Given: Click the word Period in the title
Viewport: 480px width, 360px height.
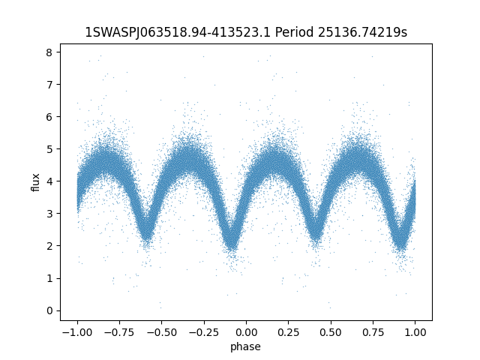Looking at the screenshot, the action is tap(295, 32).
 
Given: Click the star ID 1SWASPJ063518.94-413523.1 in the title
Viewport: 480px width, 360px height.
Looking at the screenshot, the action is tap(178, 32).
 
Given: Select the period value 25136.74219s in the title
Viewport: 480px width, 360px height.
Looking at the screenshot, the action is tap(362, 32).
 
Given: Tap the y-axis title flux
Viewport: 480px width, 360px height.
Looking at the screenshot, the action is tap(36, 182).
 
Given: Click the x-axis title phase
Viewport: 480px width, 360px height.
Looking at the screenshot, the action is tap(245, 347).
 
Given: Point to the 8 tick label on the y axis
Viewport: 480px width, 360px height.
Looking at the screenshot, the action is tap(49, 52).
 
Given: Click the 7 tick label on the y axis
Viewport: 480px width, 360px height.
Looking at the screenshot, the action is tap(49, 85).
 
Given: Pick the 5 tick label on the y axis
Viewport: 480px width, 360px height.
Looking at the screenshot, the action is tap(49, 149).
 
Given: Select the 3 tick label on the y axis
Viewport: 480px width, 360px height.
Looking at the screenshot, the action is tap(49, 214).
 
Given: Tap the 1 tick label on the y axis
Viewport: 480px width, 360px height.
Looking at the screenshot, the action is tap(49, 278).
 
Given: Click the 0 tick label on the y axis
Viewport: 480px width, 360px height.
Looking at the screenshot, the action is tap(49, 310).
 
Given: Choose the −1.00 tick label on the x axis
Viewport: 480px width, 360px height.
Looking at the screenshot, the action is tap(77, 332).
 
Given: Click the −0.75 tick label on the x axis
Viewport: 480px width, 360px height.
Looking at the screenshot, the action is tap(119, 332).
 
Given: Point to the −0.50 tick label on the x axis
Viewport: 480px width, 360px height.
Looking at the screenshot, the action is tap(162, 332).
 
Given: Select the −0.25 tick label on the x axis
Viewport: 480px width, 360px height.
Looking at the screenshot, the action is tap(204, 332).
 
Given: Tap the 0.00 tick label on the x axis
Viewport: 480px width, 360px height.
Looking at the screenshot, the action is tap(246, 332).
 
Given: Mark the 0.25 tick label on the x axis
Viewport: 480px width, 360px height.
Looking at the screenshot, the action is tap(288, 332).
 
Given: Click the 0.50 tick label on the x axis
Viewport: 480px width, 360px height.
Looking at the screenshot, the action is tap(331, 332).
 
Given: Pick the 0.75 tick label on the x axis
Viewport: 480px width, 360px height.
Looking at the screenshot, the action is tap(373, 332).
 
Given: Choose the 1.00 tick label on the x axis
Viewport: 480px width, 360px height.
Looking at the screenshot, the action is tap(415, 332).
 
